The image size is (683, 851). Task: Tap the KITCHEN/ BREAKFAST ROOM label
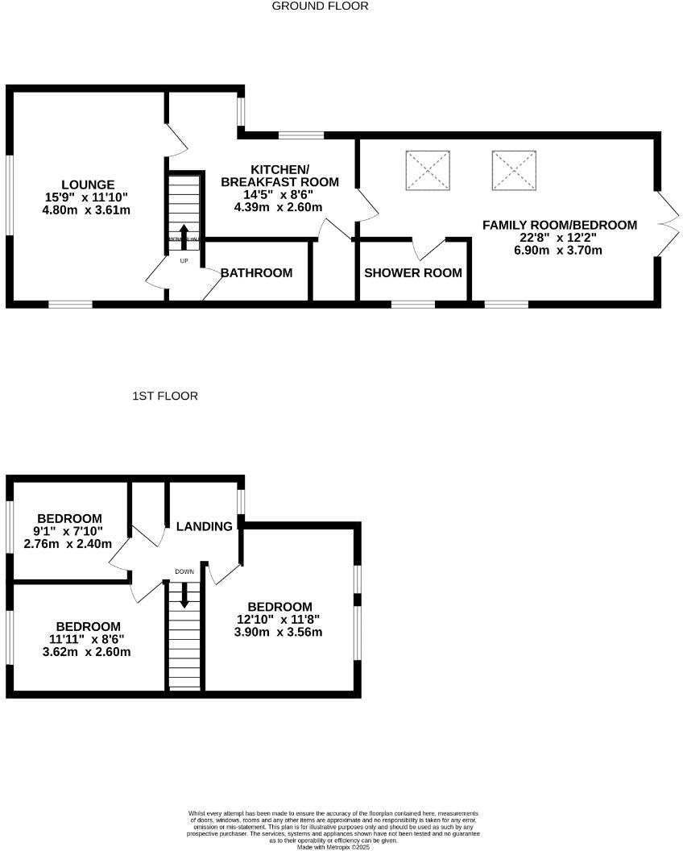point(279,176)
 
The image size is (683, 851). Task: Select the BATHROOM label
point(256,273)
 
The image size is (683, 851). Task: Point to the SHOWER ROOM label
point(413,273)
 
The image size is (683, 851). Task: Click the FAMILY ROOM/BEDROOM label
point(559,225)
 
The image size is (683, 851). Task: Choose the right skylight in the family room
point(513,170)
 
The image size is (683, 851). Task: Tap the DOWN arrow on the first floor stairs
point(184,595)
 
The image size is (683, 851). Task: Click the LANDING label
point(204,527)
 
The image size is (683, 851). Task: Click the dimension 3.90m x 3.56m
point(279,633)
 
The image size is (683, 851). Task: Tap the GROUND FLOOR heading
point(320,6)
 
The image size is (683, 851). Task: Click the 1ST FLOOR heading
point(165,396)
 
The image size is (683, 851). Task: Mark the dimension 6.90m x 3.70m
point(559,251)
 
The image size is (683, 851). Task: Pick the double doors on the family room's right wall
point(665,225)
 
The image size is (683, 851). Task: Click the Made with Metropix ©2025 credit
point(333,847)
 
